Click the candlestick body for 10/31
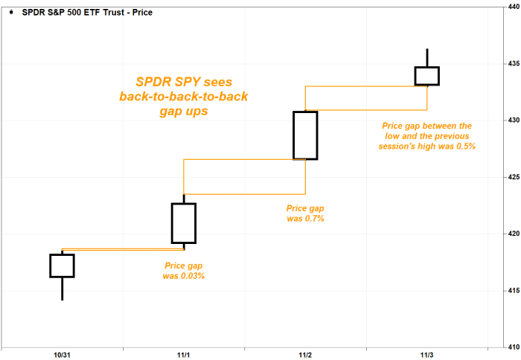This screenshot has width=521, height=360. coord(62,266)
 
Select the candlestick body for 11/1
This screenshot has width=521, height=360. coord(184,223)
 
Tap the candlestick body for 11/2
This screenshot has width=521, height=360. coord(305,135)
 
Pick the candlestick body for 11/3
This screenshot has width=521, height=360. coord(427,76)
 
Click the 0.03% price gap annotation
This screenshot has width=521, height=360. coord(184,271)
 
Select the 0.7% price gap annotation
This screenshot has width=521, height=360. coord(306,213)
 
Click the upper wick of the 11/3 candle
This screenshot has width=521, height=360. coord(427,58)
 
